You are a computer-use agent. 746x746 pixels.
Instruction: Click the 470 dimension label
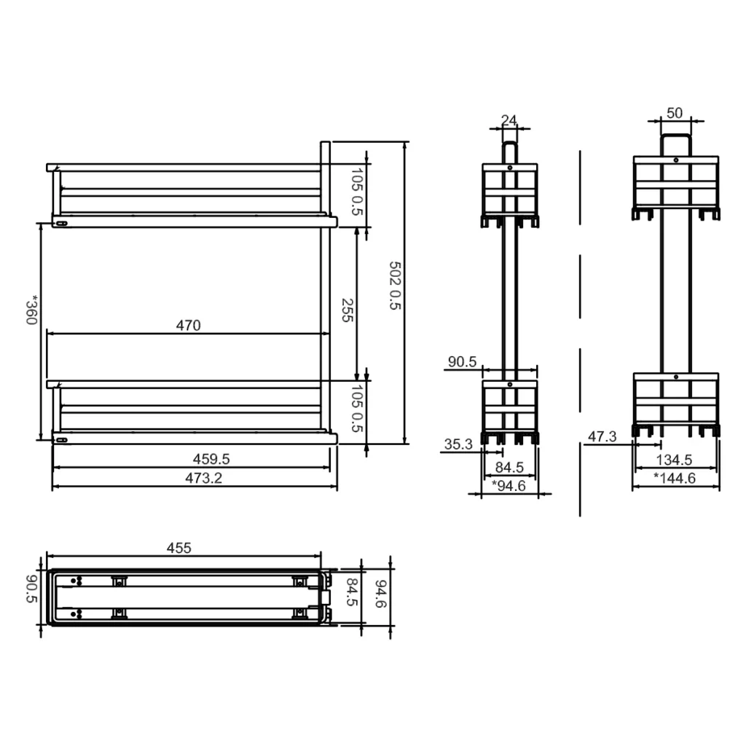point(188,326)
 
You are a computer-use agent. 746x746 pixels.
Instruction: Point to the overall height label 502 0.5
point(395,286)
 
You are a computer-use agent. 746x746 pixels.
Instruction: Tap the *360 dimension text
point(31,310)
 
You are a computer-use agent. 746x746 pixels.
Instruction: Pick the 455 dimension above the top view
point(178,548)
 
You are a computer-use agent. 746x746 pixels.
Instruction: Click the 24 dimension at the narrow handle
point(509,120)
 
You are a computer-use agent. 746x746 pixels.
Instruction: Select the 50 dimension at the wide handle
point(675,113)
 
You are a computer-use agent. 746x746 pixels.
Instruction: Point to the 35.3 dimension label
point(458,444)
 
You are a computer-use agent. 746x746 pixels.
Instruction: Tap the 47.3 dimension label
point(602,437)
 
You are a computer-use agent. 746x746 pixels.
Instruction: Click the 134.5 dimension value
point(673,460)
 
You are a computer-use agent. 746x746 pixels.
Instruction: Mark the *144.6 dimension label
point(675,478)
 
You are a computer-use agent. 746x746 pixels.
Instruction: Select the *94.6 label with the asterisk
point(509,485)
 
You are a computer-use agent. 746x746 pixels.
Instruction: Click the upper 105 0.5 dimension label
point(357,192)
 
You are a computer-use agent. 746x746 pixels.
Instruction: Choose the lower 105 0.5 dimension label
point(357,409)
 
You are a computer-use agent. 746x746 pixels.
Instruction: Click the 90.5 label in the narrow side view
point(462,362)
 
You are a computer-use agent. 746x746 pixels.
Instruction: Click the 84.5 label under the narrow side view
point(509,467)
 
